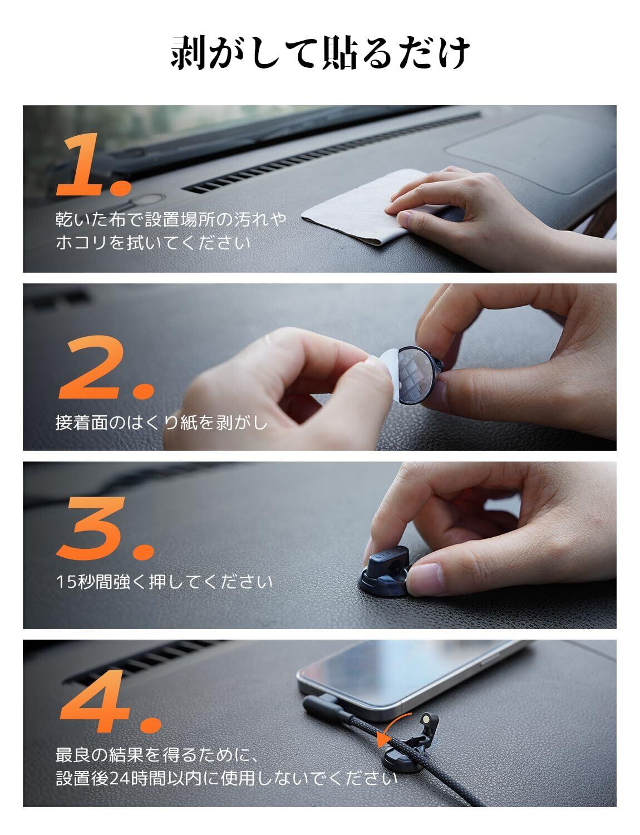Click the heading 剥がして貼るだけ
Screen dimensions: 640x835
point(320,53)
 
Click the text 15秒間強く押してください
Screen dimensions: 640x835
point(164,582)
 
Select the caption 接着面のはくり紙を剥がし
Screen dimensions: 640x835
point(161,423)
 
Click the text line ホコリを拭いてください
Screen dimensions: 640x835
point(153,243)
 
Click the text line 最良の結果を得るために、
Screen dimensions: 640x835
point(157,755)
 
